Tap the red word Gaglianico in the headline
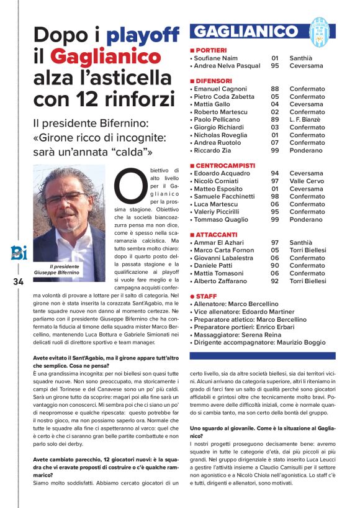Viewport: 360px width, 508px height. pos(106,58)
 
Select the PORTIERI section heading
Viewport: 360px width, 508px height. pos(209,50)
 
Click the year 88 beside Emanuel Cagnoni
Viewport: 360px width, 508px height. pos(275,89)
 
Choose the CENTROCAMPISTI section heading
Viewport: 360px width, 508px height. pos(223,165)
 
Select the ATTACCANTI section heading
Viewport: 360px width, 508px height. pos(215,235)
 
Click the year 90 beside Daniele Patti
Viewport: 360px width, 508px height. pos(275,266)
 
